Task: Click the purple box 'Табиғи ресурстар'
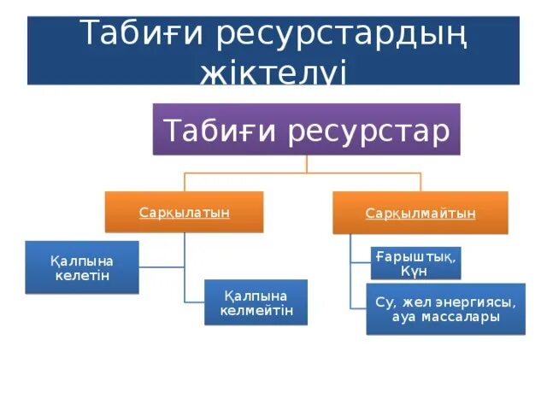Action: pos(306,129)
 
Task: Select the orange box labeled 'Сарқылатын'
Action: pos(184,212)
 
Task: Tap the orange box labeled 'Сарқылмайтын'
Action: pos(420,213)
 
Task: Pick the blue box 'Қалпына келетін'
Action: pos(82,268)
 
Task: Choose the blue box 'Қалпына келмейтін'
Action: pos(256,302)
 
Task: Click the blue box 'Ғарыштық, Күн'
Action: pos(415,263)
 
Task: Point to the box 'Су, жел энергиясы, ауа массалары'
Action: pos(445,309)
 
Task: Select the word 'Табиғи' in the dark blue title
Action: pos(142,36)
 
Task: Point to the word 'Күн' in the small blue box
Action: pos(414,271)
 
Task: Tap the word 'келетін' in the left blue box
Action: pos(82,276)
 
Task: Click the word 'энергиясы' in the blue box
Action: pos(475,302)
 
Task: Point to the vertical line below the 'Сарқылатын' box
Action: pos(184,265)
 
